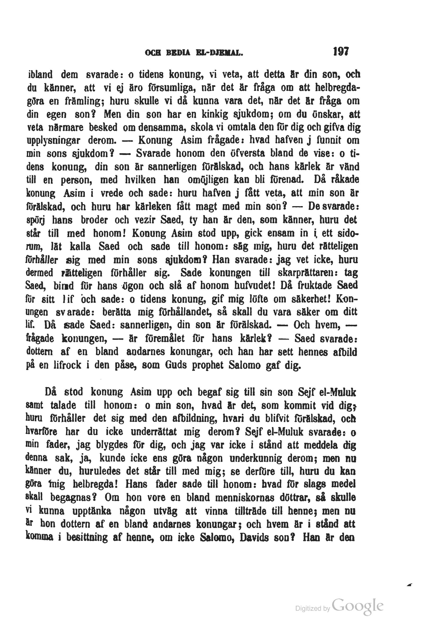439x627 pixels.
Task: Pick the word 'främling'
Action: click(82, 101)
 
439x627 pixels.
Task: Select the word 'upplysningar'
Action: click(54, 140)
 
